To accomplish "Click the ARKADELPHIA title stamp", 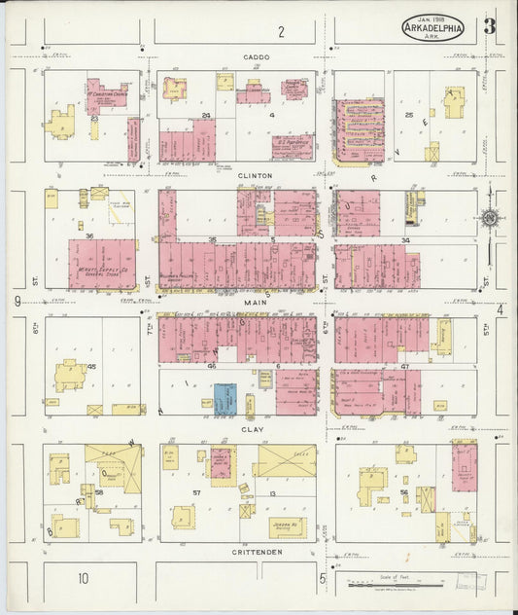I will (x=433, y=27).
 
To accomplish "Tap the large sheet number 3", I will (x=489, y=26).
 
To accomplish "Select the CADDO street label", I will (x=258, y=57).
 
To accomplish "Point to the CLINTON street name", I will (x=257, y=175).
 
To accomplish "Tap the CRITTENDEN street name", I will (x=257, y=552).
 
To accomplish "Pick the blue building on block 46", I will (x=224, y=397).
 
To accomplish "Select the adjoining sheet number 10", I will (x=84, y=579).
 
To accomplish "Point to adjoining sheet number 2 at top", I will (x=281, y=32).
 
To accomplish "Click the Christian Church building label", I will (x=107, y=94).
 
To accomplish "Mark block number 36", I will (x=89, y=235).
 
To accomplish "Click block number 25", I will (x=409, y=115).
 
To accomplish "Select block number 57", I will (x=196, y=493).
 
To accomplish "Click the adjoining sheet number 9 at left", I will (x=17, y=302).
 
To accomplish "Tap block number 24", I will (x=205, y=115).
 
